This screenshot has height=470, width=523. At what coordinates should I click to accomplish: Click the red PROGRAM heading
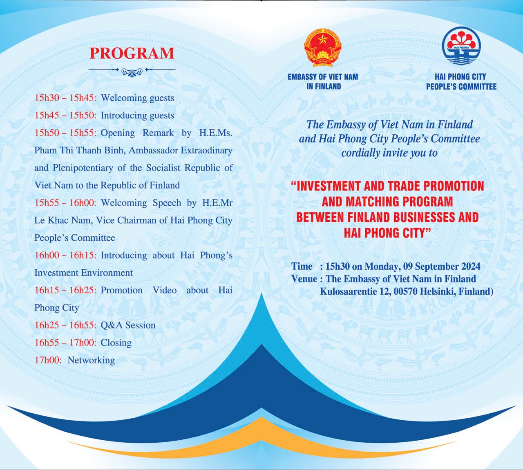[132, 53]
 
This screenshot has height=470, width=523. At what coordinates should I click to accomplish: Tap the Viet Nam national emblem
[323, 48]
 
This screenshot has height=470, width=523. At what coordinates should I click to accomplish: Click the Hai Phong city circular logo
[461, 46]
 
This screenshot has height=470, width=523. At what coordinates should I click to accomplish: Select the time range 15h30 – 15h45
[65, 98]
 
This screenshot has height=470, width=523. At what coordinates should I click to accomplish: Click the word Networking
[91, 360]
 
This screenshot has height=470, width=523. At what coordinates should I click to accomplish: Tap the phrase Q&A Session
[128, 325]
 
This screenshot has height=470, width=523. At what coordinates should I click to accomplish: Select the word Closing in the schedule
[116, 343]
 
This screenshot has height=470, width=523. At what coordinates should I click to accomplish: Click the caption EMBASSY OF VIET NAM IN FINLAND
[323, 82]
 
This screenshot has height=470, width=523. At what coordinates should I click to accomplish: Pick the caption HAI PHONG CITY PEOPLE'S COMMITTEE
[461, 82]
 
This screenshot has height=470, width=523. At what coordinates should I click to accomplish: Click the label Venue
[304, 279]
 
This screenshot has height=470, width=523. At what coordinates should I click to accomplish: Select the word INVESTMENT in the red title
[329, 186]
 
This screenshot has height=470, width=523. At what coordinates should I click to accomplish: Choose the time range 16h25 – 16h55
[65, 325]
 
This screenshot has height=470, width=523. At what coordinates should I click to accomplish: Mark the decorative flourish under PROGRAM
[132, 71]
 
